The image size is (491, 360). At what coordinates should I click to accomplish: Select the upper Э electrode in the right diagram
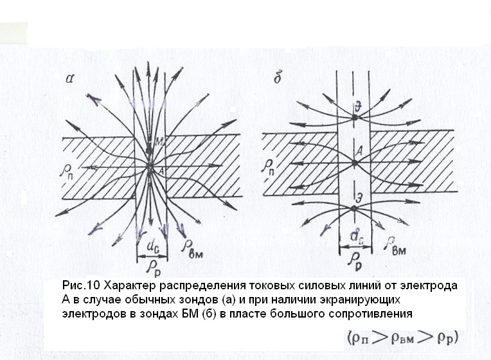point(354,118)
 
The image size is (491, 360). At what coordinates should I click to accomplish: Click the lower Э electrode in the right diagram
point(354,208)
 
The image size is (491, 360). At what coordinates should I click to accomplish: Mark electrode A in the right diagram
point(354,163)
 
